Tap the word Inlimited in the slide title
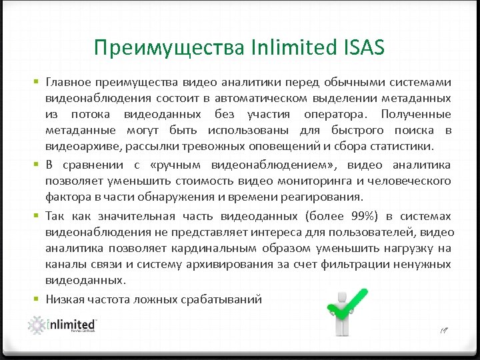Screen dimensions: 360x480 [285, 47]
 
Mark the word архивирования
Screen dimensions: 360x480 [221, 264]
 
